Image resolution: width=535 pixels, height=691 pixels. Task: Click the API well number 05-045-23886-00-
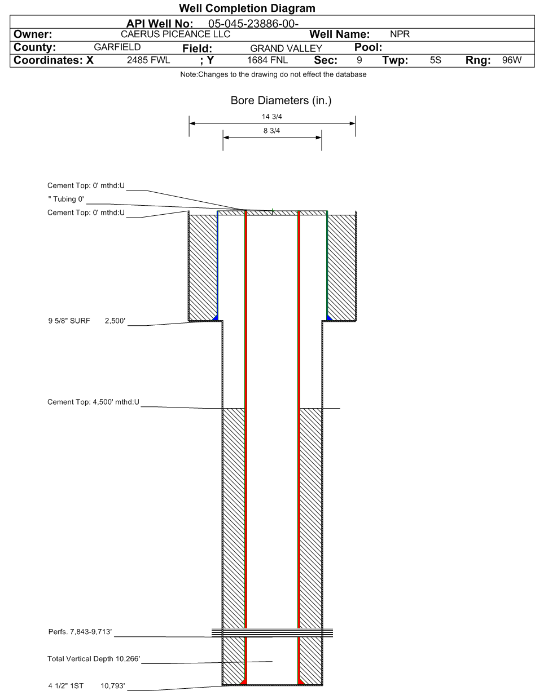(253, 24)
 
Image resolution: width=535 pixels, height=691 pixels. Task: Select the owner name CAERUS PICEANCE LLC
(176, 34)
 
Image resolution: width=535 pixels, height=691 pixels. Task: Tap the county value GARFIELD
(117, 47)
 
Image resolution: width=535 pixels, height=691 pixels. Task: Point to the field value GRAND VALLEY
(286, 48)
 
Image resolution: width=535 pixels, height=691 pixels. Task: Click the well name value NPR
(400, 34)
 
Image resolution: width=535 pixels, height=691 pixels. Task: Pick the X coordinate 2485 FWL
(148, 60)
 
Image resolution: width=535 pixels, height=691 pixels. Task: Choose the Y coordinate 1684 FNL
(267, 60)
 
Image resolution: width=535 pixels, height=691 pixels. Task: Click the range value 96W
(512, 60)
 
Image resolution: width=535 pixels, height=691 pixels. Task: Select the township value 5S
(435, 60)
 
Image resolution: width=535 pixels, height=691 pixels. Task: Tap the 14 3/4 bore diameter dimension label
(272, 117)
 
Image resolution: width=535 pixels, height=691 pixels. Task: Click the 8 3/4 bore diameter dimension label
(271, 131)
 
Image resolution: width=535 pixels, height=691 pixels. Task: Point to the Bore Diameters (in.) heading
(281, 100)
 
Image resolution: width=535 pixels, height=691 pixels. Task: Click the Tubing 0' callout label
(66, 199)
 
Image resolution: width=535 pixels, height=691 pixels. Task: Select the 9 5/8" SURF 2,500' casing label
(86, 321)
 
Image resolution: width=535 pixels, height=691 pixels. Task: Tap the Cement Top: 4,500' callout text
(93, 402)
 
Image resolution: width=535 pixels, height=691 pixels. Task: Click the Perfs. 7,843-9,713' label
(80, 631)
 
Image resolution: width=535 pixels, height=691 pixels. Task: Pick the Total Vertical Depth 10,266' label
(94, 658)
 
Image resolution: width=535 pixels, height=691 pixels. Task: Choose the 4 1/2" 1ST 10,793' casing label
(86, 685)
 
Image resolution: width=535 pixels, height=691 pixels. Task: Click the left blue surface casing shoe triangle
(216, 318)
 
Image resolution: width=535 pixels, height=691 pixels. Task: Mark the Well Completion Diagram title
(247, 8)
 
